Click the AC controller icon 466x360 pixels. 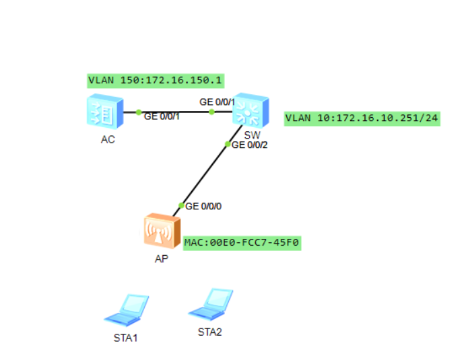pos(104,112)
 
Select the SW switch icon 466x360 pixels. pos(251,112)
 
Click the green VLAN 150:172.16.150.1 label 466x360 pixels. pos(155,80)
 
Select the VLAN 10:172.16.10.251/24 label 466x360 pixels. pos(362,118)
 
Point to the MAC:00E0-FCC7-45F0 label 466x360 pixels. pos(242,243)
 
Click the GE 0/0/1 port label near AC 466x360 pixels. pos(162,116)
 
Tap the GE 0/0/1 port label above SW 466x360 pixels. pos(217,102)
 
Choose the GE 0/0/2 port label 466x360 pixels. pos(250,145)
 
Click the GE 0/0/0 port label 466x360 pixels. pos(203,206)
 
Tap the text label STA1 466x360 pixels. pos(125,337)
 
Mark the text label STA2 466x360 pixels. pos(209,332)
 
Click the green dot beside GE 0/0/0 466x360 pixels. pos(181,205)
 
